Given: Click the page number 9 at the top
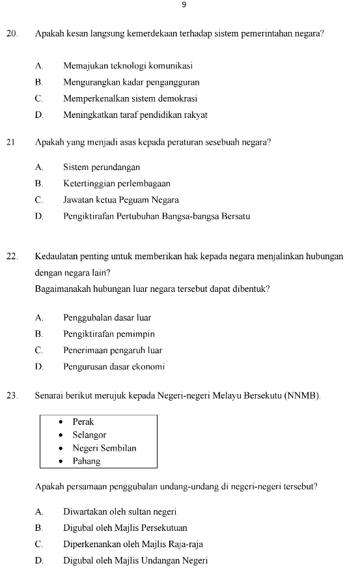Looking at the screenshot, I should [184, 5].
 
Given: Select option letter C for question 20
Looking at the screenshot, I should [39, 98].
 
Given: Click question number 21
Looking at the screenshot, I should [10, 141].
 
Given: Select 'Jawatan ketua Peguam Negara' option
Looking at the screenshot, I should [120, 199].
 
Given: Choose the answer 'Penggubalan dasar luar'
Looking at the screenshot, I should [107, 317].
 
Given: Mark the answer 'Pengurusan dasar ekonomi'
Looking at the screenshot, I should [113, 366].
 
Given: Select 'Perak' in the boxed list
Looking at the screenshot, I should [83, 421].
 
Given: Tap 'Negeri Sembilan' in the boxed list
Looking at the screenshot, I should [104, 448].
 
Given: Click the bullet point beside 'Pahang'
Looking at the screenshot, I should [61, 461].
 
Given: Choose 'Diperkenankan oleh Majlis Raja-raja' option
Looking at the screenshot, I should [137, 544].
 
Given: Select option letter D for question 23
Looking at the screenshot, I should [39, 560].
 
